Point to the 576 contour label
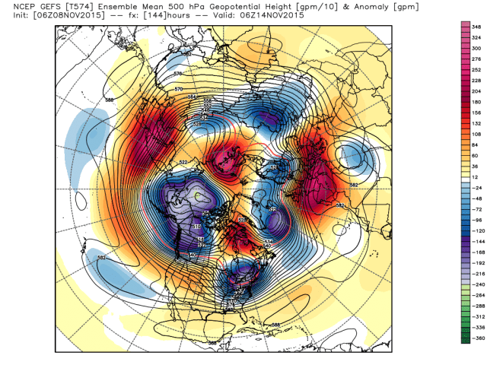[178, 74]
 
